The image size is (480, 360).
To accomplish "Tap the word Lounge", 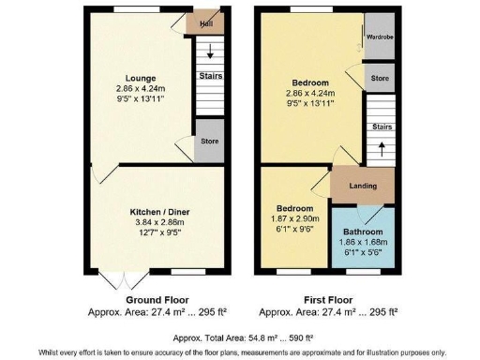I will (142, 78).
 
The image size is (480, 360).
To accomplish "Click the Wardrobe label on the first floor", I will (379, 37).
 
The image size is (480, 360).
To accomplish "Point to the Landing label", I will (363, 186).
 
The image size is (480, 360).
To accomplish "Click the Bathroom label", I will (363, 231).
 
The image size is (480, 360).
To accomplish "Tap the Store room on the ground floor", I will (209, 142).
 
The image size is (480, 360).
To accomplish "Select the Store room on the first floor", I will (379, 79).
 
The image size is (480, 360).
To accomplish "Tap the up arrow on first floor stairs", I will (382, 145).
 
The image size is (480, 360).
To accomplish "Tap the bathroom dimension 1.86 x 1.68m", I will (363, 241).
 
